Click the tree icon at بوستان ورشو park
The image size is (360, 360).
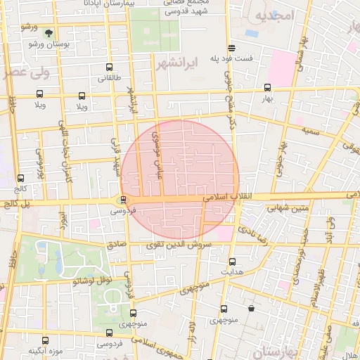[x=49, y=32]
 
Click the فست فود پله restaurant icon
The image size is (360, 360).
[x=231, y=49]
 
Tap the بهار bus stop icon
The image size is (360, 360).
[x=267, y=89]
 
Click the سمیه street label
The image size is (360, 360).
[x=311, y=130]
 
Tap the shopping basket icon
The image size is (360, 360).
[x=251, y=308]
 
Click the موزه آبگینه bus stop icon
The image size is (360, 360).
[x=46, y=340]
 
